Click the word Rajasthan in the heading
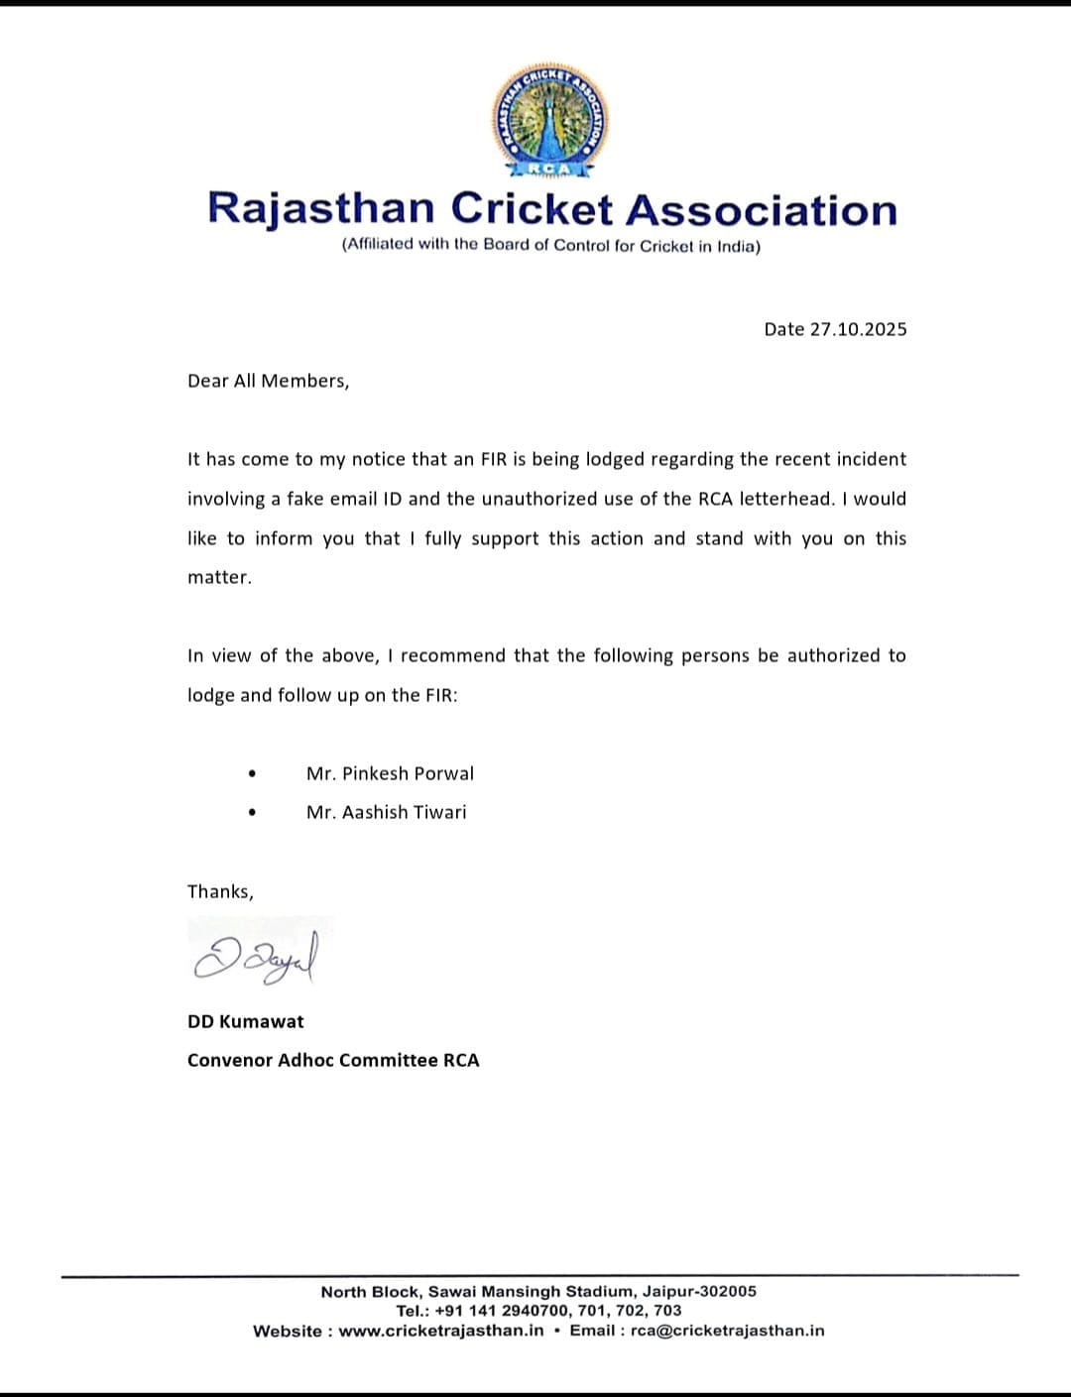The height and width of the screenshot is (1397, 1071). [321, 209]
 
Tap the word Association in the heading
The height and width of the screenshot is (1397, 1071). [761, 209]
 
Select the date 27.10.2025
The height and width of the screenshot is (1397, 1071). [858, 329]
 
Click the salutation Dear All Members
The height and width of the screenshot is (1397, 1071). [268, 381]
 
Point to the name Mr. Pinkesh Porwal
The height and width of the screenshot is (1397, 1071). [390, 773]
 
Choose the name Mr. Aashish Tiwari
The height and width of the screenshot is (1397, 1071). [386, 812]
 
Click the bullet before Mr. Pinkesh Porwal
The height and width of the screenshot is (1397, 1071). [253, 773]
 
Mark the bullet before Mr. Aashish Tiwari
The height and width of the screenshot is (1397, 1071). [253, 812]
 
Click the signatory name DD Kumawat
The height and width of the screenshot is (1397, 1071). [246, 1021]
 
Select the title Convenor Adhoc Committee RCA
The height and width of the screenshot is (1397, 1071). [333, 1060]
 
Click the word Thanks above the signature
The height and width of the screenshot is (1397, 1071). [220, 891]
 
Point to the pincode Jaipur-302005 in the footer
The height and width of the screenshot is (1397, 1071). [699, 1291]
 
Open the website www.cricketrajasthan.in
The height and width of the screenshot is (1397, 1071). [441, 1331]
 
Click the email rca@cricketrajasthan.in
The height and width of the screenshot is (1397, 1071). [728, 1331]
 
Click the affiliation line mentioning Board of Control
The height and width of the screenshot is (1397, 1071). [550, 245]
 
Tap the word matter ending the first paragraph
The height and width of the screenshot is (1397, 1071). [219, 577]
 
